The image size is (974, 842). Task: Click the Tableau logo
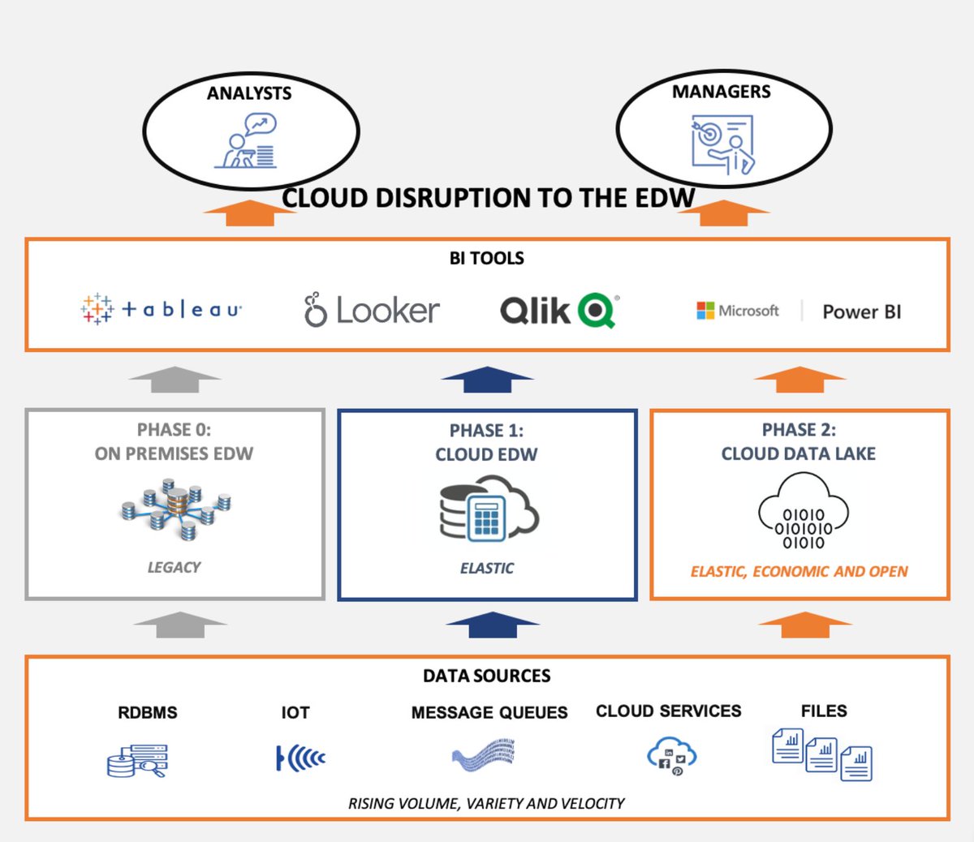click(x=162, y=309)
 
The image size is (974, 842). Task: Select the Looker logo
click(x=372, y=310)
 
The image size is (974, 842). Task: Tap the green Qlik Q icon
click(x=598, y=310)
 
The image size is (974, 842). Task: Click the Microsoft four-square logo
click(x=705, y=311)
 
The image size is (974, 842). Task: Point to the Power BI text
click(x=861, y=312)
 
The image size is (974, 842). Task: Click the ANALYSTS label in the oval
click(x=249, y=93)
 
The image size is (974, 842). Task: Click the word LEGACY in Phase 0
click(x=174, y=567)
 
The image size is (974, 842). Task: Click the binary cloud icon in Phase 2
click(x=803, y=513)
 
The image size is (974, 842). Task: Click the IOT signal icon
click(x=300, y=758)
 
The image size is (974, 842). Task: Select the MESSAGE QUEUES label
click(x=489, y=712)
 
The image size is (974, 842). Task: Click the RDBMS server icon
click(x=136, y=761)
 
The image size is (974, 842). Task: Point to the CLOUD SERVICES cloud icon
click(x=671, y=756)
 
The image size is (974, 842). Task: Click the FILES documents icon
click(x=821, y=754)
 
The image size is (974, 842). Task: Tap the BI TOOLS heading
click(x=486, y=258)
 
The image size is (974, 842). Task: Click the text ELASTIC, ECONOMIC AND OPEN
click(x=799, y=571)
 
